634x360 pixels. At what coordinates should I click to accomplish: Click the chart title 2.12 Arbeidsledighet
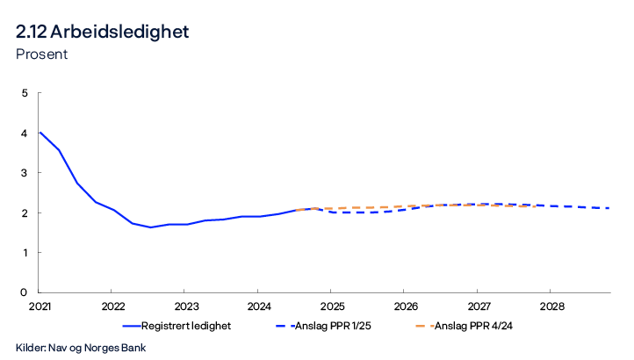point(102,32)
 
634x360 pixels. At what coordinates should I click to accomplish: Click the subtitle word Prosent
point(41,54)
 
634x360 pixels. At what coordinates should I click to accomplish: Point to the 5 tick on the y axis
point(25,93)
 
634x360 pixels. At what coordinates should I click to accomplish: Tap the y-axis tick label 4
point(25,133)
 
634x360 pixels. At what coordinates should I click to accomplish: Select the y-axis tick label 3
point(25,173)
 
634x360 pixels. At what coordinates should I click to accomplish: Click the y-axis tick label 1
point(25,253)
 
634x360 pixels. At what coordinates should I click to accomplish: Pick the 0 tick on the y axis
point(25,292)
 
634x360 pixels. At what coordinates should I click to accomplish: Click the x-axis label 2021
point(40,307)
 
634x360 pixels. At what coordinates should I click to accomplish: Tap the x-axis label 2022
point(113,307)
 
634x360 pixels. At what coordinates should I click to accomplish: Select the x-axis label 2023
point(186,307)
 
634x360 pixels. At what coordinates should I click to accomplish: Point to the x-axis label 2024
point(257,307)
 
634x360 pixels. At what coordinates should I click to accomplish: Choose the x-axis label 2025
point(330,307)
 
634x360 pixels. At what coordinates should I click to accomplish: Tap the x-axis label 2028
point(550,307)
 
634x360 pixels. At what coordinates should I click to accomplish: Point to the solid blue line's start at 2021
point(40,133)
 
